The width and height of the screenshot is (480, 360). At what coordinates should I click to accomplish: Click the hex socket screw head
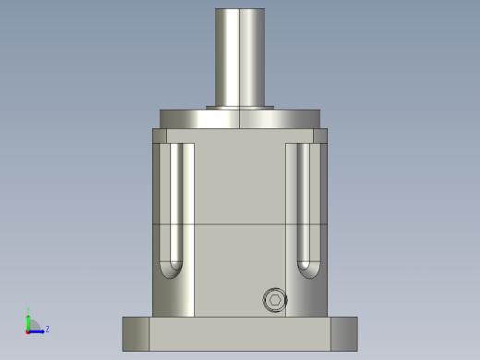coord(275,300)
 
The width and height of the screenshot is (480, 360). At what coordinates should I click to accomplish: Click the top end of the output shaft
coord(240,12)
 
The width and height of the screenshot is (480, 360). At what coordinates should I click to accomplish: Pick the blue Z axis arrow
coord(38,330)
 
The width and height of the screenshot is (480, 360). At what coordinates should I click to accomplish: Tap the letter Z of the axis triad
coord(47,329)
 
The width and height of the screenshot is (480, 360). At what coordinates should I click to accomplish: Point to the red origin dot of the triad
coord(29,330)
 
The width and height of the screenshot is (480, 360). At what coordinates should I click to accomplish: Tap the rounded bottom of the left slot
coord(172,270)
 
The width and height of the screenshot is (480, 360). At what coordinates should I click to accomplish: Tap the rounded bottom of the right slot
coord(306,270)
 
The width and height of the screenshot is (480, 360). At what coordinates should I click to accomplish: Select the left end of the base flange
coord(136,333)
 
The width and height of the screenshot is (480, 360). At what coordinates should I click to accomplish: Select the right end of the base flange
coord(343,333)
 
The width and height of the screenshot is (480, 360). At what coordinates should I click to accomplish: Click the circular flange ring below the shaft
coord(240,119)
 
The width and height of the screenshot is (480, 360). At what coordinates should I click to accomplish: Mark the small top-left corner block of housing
coord(160,136)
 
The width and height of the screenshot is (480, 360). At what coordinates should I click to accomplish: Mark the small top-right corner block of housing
coord(320,136)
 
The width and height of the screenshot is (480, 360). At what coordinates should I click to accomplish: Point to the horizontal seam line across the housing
coord(240,225)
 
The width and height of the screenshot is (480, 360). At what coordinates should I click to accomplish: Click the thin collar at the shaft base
coord(240,107)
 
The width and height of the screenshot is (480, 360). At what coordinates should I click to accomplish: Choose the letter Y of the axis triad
coord(29,310)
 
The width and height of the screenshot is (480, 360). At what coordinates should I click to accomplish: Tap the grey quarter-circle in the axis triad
coord(33,325)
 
